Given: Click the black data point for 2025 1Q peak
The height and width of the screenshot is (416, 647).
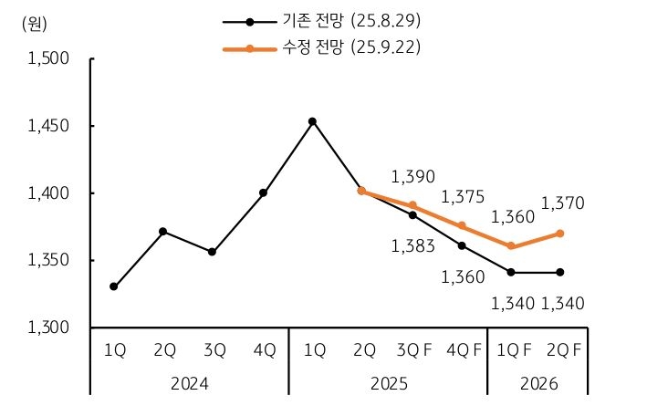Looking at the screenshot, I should pyautogui.click(x=312, y=121).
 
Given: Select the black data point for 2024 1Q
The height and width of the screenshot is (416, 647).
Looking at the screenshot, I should pyautogui.click(x=113, y=286).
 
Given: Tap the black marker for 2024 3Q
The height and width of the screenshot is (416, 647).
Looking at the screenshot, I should pyautogui.click(x=213, y=252).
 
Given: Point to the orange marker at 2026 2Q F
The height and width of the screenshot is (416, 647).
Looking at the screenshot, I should pyautogui.click(x=560, y=234).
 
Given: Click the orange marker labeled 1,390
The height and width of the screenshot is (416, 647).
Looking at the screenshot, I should pyautogui.click(x=412, y=205).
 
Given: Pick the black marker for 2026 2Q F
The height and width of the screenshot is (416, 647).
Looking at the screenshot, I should pyautogui.click(x=560, y=272).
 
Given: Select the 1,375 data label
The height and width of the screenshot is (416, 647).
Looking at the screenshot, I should pyautogui.click(x=462, y=197).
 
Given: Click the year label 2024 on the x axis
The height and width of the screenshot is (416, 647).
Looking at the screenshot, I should pyautogui.click(x=190, y=384).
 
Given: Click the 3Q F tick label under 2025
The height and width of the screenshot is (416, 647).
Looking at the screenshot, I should pyautogui.click(x=412, y=349).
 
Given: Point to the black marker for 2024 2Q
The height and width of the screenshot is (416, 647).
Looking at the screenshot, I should pyautogui.click(x=162, y=231).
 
